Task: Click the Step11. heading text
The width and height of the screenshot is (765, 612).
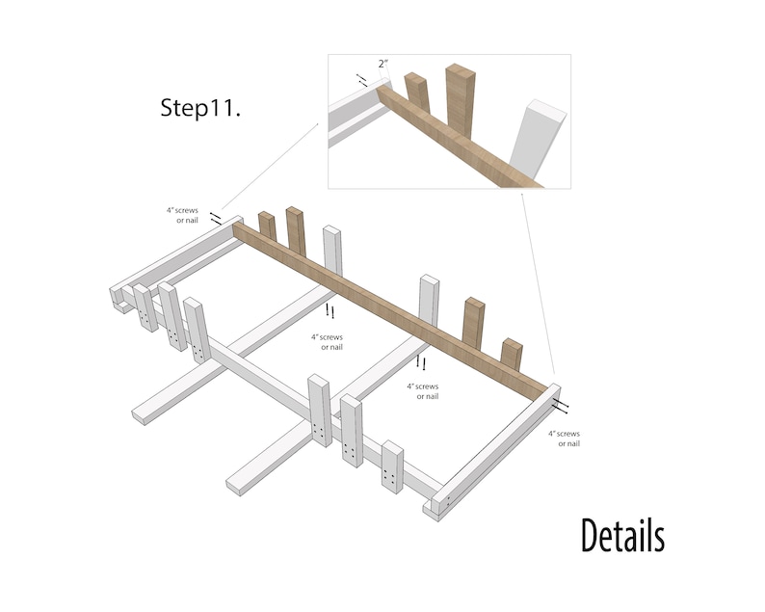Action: coord(200,108)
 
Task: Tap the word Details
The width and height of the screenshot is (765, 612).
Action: coord(621,536)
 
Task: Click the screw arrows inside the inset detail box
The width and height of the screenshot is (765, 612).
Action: coord(362,80)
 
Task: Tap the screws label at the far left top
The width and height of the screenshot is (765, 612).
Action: coord(182,215)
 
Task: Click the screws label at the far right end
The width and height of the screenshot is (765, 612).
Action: coord(564,439)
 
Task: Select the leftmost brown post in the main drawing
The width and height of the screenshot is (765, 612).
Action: coord(267,227)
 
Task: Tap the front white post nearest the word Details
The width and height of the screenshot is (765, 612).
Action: coord(392,467)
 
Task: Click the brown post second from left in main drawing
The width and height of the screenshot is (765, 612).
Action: coord(296,230)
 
